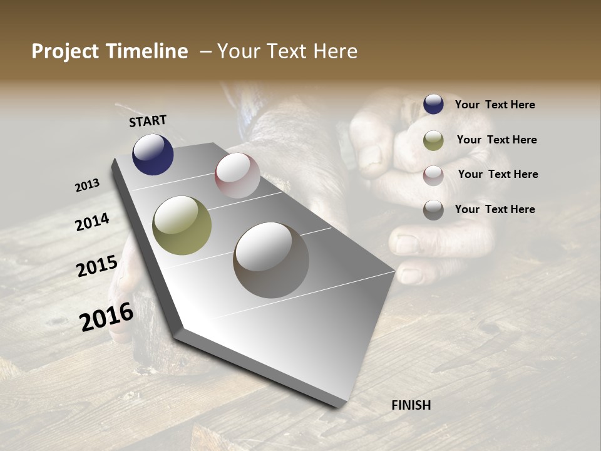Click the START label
point(148,121)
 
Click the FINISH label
point(411,405)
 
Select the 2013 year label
point(88,185)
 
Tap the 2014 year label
point(93,222)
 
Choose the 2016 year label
point(106,317)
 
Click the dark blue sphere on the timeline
point(153,154)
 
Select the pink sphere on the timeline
point(237,175)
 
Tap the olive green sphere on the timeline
point(182,225)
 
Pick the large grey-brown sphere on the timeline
point(271,260)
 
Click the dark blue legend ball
point(433,104)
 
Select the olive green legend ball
point(433,140)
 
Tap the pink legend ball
point(433,175)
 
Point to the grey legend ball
point(433,210)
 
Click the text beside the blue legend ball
point(495,105)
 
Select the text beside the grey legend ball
point(495,209)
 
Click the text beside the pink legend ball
point(498,174)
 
